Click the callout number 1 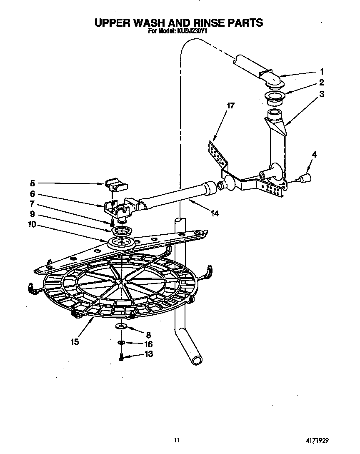[322, 71]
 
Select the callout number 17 [230, 105]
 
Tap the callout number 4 [314, 155]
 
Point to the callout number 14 [215, 214]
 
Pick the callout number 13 [148, 354]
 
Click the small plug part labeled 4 [306, 178]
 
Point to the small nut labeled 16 [121, 343]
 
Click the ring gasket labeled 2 [273, 98]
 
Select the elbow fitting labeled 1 [271, 79]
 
